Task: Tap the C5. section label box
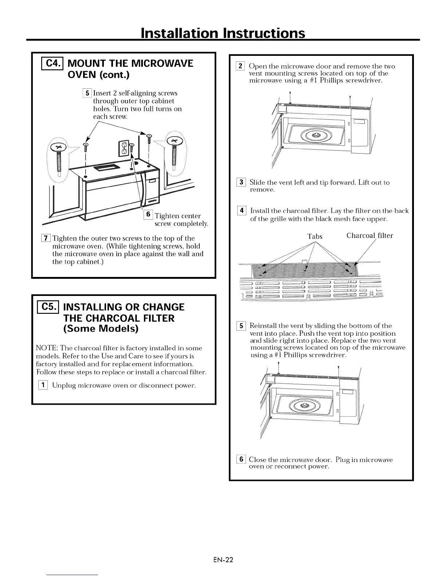point(49,307)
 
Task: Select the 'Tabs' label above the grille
point(315,236)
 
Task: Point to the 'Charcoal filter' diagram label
point(369,236)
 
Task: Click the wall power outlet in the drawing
point(124,147)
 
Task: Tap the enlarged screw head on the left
point(58,147)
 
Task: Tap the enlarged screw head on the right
point(175,140)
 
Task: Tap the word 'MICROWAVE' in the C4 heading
point(158,63)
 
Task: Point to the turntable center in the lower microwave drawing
point(304,405)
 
